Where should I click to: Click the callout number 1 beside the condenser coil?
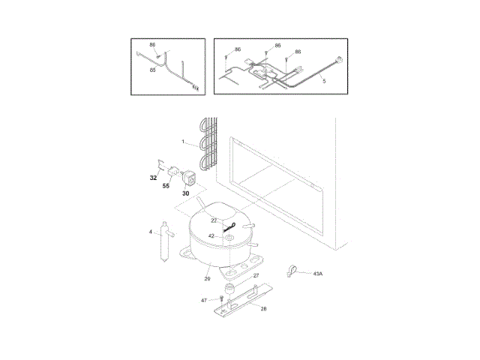pyautogui.click(x=182, y=141)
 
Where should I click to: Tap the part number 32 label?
pyautogui.click(x=153, y=178)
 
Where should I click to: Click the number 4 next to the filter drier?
pyautogui.click(x=151, y=232)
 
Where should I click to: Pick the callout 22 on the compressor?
pyautogui.click(x=213, y=220)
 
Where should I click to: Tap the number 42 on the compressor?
pyautogui.click(x=211, y=235)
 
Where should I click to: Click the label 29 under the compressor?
pyautogui.click(x=207, y=279)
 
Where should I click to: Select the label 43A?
pyautogui.click(x=317, y=274)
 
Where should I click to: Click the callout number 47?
pyautogui.click(x=203, y=300)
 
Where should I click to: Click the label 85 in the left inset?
pyautogui.click(x=152, y=70)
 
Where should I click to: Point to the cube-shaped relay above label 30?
pyautogui.click(x=188, y=178)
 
